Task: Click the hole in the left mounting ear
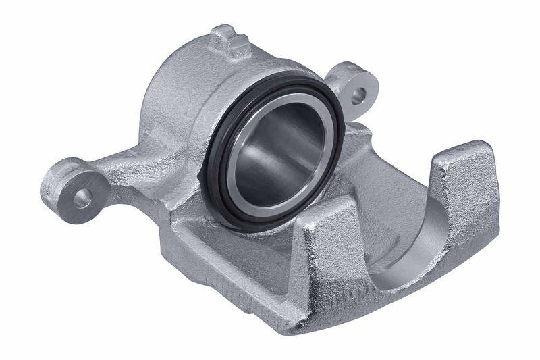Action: point(82,197)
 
